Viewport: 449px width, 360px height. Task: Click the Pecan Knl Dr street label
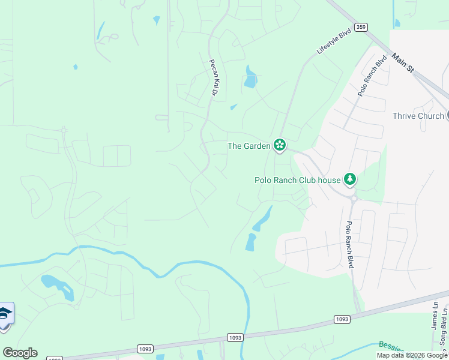(212, 77)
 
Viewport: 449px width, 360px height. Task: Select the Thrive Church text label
(418, 116)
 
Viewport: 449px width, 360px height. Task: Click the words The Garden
(249, 145)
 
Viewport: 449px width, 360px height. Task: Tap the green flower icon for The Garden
(279, 145)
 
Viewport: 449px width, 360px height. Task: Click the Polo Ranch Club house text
(297, 179)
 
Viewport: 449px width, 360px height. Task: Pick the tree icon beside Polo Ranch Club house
(349, 179)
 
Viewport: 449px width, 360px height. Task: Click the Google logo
(20, 353)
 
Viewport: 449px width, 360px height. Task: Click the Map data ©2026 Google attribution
(412, 355)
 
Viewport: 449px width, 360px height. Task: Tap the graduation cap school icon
(5, 314)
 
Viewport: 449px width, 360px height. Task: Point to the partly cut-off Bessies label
(393, 346)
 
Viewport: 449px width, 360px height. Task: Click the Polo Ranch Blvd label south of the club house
(349, 244)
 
